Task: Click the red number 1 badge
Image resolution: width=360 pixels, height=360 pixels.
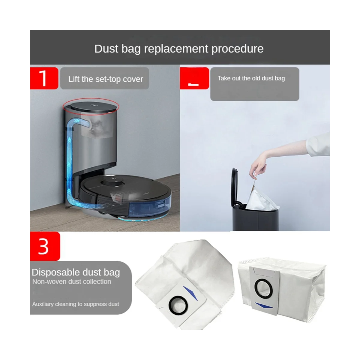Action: coord(44,78)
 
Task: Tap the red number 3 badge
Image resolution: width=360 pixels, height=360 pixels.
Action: coord(45,246)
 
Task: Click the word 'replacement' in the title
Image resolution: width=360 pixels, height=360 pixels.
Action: coord(176,49)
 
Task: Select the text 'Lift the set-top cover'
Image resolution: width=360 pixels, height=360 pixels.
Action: coord(106,79)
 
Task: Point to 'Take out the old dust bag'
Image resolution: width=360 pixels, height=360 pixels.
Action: coord(251,78)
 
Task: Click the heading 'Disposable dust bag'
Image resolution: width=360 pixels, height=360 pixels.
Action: coord(76,272)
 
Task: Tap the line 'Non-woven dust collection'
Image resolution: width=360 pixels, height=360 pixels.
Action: coord(72,281)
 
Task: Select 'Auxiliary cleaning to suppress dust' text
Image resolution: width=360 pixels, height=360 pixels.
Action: coord(76,304)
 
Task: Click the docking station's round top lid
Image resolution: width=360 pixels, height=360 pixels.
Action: coord(94,107)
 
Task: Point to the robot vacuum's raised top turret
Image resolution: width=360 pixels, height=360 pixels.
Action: coord(113,181)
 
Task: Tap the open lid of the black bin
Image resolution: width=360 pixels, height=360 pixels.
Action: coord(234,187)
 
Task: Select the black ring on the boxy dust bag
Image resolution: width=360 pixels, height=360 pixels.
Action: coord(263,288)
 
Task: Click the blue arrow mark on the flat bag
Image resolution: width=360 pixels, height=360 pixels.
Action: coord(190,293)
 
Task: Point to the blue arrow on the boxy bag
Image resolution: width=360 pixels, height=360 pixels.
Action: coord(264,306)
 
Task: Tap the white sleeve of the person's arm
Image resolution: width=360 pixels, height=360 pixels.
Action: coord(318,144)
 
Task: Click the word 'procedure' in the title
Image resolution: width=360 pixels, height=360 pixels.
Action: coord(237,49)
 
